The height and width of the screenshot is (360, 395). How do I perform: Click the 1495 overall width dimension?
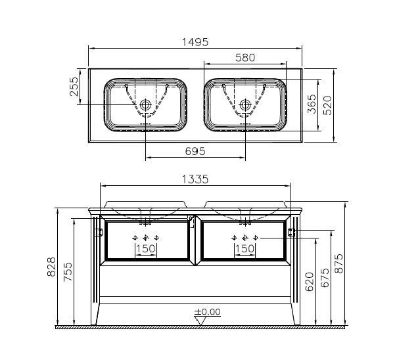195,42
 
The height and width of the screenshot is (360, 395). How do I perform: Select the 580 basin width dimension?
245,58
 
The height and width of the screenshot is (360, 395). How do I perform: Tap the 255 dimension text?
74,86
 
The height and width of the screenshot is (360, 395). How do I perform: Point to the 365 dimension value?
312,104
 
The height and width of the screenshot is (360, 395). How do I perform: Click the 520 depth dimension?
327,105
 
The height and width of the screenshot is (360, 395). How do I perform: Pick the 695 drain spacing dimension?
195,151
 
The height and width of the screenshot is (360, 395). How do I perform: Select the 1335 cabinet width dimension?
195,179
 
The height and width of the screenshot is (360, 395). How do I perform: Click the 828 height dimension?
51,267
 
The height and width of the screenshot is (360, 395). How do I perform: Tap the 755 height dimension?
68,272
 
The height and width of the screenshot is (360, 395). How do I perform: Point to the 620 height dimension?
310,281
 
